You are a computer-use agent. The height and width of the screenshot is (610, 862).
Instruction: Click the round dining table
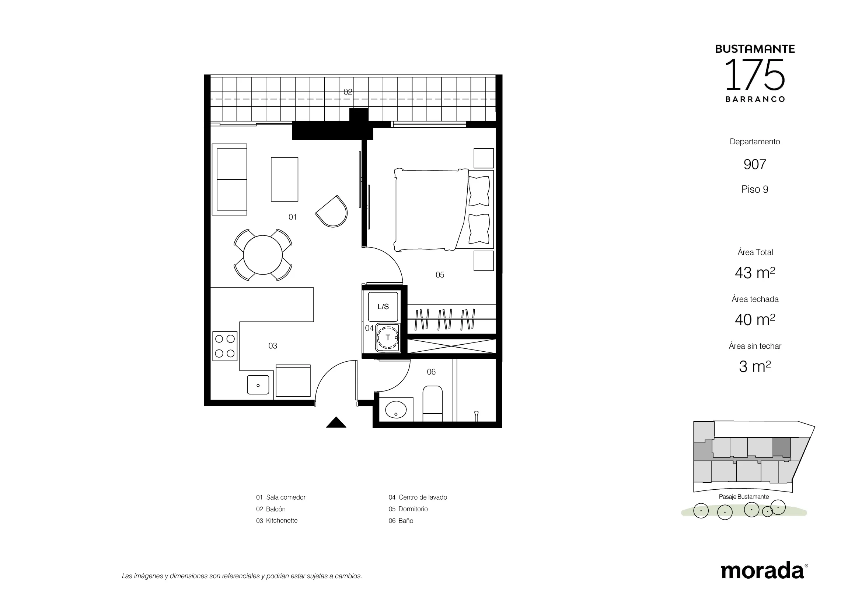pyautogui.click(x=263, y=255)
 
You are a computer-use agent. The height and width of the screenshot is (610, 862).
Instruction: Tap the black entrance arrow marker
pyautogui.click(x=336, y=423)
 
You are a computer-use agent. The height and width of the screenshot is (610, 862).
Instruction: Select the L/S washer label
pyautogui.click(x=383, y=307)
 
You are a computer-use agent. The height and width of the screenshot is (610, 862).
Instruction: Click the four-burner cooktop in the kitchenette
pyautogui.click(x=225, y=346)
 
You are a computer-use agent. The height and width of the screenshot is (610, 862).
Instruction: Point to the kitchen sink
pyautogui.click(x=258, y=385)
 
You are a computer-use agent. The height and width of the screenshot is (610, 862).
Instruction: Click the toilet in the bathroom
pyautogui.click(x=433, y=403)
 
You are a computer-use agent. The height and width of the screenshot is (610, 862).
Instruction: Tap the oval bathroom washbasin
pyautogui.click(x=396, y=409)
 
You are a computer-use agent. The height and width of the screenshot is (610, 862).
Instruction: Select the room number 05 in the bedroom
pyautogui.click(x=440, y=275)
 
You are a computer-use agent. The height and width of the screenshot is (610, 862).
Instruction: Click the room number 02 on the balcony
pyautogui.click(x=348, y=92)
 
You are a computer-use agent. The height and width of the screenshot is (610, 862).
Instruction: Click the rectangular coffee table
pyautogui.click(x=285, y=179)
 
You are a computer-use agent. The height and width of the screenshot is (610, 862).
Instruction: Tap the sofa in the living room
pyautogui.click(x=229, y=179)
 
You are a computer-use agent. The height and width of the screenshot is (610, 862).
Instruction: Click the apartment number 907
pyautogui.click(x=755, y=164)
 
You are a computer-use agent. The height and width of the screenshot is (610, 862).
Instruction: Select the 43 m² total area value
pyautogui.click(x=755, y=273)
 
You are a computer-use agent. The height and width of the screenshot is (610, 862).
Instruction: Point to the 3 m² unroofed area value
pyautogui.click(x=755, y=366)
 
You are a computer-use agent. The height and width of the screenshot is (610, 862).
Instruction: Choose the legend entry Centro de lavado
pyautogui.click(x=418, y=497)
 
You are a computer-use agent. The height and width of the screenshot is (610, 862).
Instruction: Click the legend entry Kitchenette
pyautogui.click(x=277, y=521)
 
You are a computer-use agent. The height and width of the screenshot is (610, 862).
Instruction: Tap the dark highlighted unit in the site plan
pyautogui.click(x=782, y=448)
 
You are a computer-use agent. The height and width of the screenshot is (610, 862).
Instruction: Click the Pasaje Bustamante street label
pyautogui.click(x=744, y=497)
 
